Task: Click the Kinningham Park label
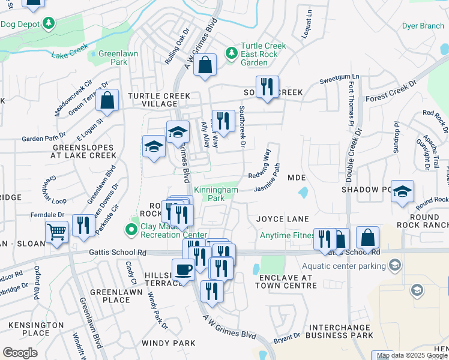(x=216, y=193)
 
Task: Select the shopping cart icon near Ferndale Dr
(x=56, y=231)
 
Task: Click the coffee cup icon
(x=182, y=269)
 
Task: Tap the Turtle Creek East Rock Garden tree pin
(x=231, y=53)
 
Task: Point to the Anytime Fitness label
(x=286, y=235)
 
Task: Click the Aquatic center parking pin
(x=394, y=265)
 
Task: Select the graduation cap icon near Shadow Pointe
(x=402, y=191)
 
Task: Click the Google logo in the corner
(x=20, y=353)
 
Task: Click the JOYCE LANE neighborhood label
(x=282, y=218)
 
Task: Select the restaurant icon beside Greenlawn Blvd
(x=84, y=225)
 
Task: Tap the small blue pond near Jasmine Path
(x=303, y=194)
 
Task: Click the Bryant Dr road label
(x=287, y=338)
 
